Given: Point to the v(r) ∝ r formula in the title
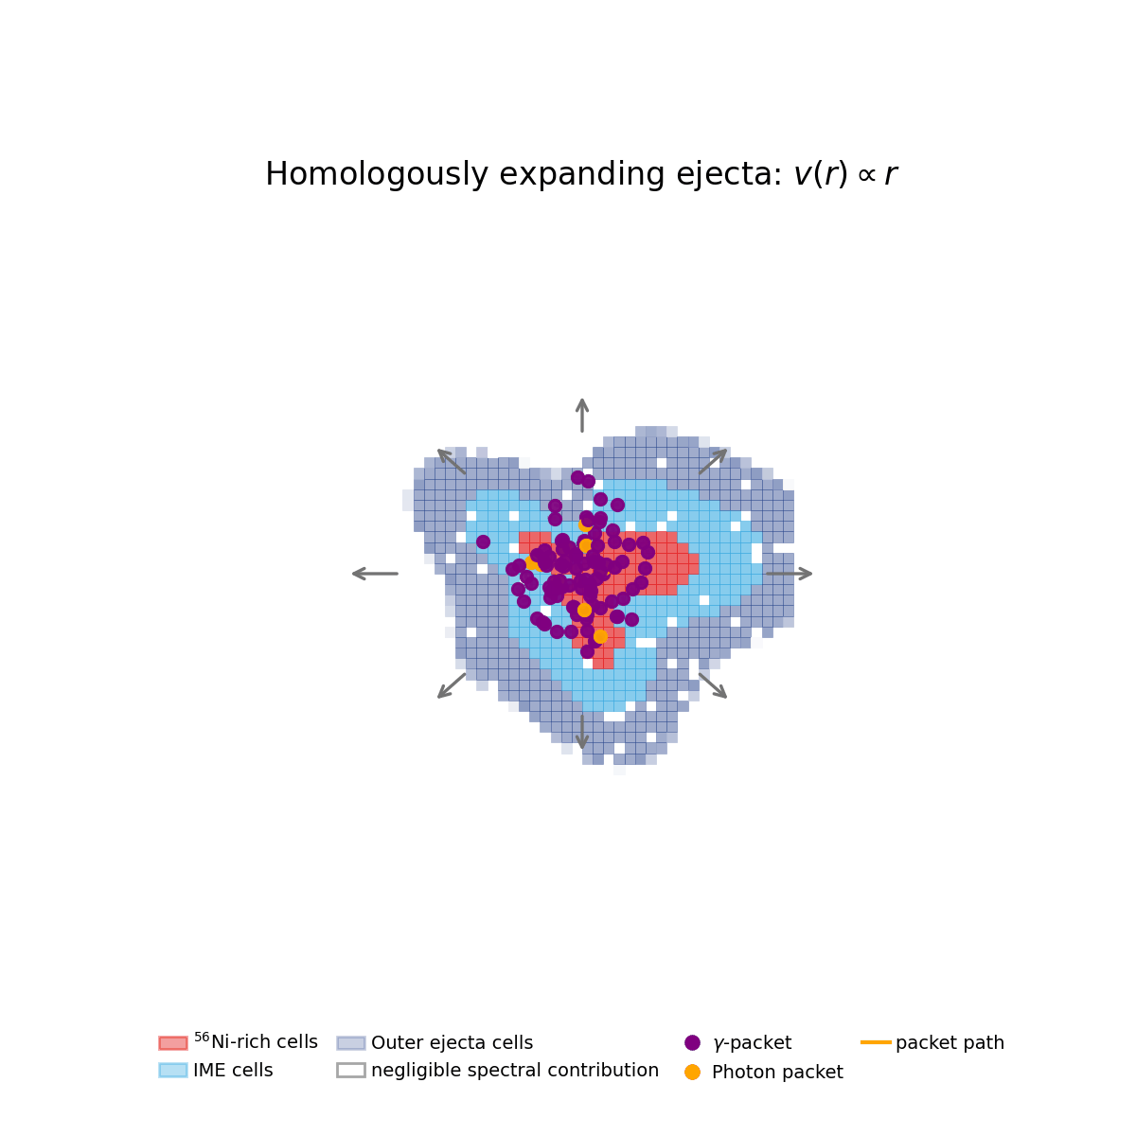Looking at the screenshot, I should click(845, 175).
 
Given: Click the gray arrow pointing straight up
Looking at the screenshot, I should click(582, 415).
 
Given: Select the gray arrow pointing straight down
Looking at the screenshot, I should click(582, 731).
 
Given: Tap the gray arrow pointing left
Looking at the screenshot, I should click(374, 574).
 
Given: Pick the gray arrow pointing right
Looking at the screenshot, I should click(790, 574).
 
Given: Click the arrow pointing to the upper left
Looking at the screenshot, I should click(452, 462).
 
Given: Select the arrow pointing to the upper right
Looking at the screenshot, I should click(713, 462).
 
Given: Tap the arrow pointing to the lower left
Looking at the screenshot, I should click(452, 685).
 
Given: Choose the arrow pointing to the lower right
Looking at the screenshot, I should click(713, 685).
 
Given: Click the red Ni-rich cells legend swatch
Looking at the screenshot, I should click(173, 1042).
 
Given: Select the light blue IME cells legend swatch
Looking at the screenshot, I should click(173, 1071).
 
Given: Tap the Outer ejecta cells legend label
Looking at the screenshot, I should click(452, 1043).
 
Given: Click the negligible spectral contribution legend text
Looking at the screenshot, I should click(514, 1071).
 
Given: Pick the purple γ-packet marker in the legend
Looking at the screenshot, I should click(692, 1043).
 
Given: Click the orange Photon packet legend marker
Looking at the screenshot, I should click(692, 1072).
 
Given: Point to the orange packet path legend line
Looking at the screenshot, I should click(876, 1042).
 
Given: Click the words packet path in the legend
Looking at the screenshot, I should click(950, 1043).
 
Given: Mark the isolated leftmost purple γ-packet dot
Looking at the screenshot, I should click(483, 541).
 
